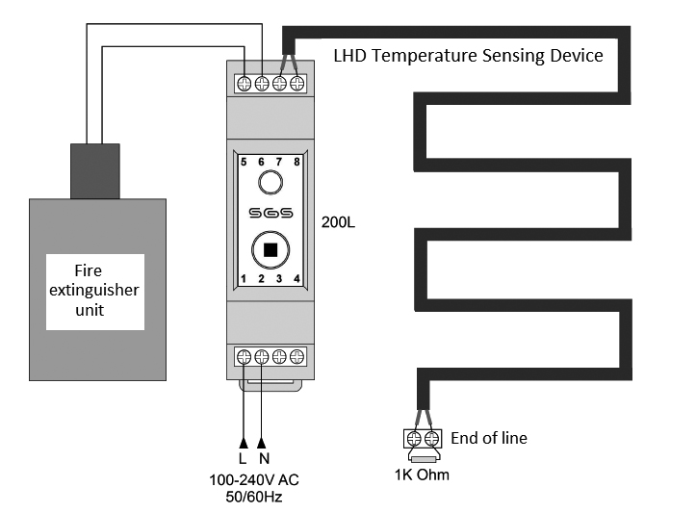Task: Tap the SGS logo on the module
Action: (271, 213)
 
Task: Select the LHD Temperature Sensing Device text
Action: (468, 56)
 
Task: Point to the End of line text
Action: (489, 438)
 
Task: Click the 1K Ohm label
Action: (423, 475)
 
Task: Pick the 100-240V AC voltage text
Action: (254, 480)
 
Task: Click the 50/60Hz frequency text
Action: (254, 496)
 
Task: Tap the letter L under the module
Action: (243, 459)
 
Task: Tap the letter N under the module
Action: (262, 459)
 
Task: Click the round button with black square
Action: (271, 250)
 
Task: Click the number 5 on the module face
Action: (245, 162)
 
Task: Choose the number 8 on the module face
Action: (296, 162)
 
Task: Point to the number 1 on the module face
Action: (245, 279)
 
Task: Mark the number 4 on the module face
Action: (296, 279)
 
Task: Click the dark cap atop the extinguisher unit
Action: (94, 171)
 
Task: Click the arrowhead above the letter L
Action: (243, 443)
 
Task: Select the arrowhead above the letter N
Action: (262, 443)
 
